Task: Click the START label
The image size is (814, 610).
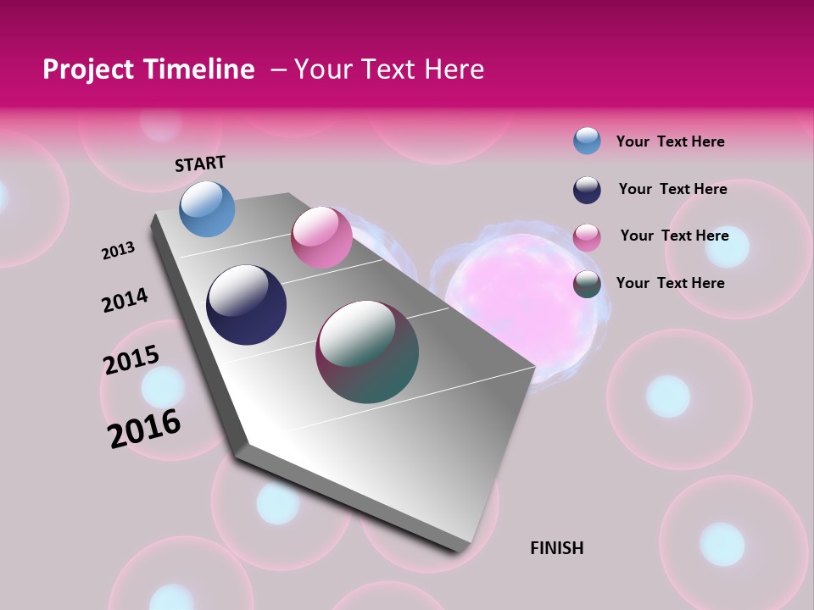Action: pos(200,164)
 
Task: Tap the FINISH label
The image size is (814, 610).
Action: pos(557,548)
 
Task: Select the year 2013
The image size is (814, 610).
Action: pos(119,250)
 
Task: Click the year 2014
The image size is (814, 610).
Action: pos(125,300)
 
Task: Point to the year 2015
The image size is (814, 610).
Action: pos(131,359)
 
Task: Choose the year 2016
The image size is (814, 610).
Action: pos(144,428)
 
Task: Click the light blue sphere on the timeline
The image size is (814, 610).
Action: pos(207,208)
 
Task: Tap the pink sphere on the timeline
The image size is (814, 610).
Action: pos(321,237)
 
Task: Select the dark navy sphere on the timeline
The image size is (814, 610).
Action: pos(246,305)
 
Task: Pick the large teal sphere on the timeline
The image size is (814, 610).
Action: pos(367,352)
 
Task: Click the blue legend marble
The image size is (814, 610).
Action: pos(587,141)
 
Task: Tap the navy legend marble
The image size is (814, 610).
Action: pos(587,190)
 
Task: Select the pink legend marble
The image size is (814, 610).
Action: pos(587,237)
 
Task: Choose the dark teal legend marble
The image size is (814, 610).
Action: pos(587,284)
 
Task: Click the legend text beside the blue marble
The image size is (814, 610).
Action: pos(670,141)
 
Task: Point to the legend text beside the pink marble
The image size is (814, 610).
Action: pos(674,236)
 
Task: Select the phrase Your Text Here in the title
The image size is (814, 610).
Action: pos(389,69)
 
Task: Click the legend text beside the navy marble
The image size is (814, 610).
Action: pos(672,189)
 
